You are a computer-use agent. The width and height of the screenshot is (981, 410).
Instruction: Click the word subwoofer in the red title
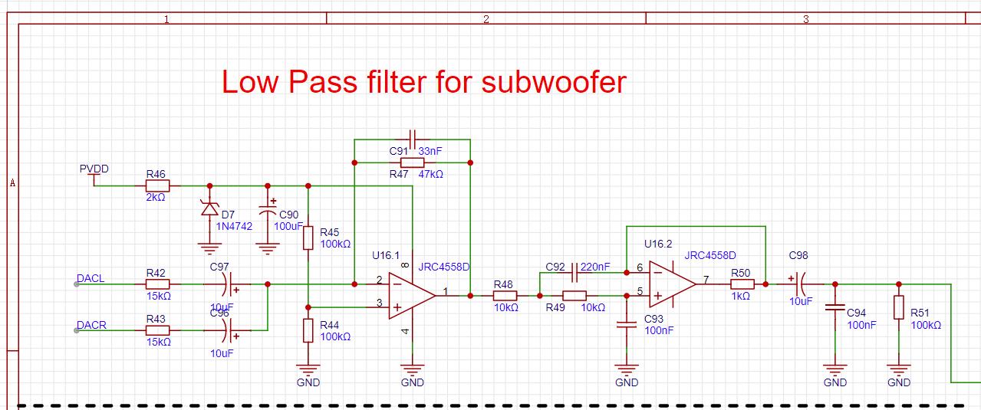[553, 82]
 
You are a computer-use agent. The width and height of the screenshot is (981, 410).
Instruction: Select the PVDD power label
[94, 169]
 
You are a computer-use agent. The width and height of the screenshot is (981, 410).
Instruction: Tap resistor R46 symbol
[157, 185]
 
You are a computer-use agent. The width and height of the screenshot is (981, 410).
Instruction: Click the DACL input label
[91, 278]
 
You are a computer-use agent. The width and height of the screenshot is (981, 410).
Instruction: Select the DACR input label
[91, 325]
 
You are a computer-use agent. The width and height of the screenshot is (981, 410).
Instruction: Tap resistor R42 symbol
[157, 284]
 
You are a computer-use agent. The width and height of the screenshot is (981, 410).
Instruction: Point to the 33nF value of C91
[430, 152]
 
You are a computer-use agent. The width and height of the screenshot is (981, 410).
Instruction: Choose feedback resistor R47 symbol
[413, 162]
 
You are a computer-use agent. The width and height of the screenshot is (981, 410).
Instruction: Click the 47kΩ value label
[430, 174]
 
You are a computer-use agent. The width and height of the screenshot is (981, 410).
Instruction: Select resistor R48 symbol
[503, 295]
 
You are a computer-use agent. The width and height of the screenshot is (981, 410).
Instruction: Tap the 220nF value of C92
[595, 267]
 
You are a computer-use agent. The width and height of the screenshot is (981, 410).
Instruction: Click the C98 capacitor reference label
[798, 255]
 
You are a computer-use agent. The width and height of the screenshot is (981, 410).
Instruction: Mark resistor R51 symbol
[898, 307]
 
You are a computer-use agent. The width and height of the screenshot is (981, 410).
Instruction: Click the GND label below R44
[308, 382]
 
